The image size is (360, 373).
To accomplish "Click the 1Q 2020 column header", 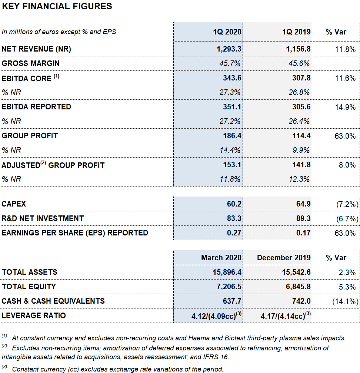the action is (x=227, y=32).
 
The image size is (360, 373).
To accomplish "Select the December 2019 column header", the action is (x=284, y=258).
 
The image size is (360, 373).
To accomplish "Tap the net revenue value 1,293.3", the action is (x=229, y=49).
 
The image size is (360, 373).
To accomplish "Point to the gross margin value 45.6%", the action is (x=299, y=63).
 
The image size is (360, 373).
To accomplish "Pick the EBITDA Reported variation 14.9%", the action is (x=345, y=107).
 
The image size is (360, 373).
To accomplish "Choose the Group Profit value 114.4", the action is (x=301, y=136).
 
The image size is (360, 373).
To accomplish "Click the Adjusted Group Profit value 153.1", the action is (x=232, y=165).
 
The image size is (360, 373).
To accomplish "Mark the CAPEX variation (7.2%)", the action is (x=347, y=204).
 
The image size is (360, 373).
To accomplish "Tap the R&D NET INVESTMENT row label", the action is (x=43, y=218).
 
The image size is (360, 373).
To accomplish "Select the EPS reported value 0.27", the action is (x=234, y=232).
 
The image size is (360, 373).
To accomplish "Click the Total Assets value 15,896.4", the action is (x=227, y=272).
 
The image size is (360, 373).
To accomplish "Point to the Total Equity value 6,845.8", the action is (x=298, y=287).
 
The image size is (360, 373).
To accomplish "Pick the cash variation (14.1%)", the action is (x=345, y=301).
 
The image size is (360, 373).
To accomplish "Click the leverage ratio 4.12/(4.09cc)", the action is (x=216, y=316).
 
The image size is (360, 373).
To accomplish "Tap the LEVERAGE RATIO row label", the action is (x=34, y=316).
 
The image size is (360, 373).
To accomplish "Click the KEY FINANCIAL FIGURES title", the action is (x=57, y=6).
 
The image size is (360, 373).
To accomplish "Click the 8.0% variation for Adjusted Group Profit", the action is (x=347, y=165).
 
